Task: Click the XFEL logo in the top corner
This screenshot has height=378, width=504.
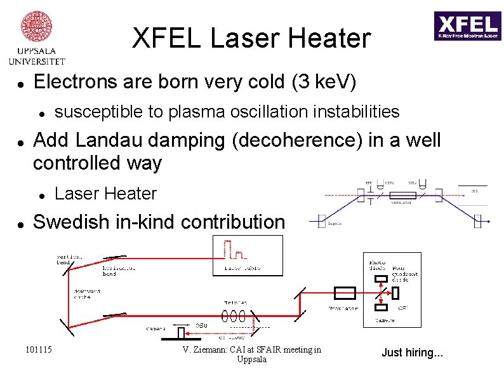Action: (x=467, y=26)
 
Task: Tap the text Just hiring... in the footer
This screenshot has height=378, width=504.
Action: (x=412, y=352)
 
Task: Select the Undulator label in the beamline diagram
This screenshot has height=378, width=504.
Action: (x=401, y=202)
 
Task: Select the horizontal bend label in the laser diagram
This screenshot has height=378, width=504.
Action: (x=119, y=271)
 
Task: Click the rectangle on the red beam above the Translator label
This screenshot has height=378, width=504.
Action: (x=345, y=292)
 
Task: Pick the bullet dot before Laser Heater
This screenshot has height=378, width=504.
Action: (x=41, y=194)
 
